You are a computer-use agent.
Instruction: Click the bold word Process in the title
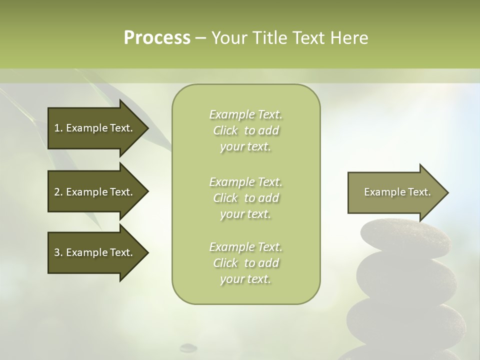157,38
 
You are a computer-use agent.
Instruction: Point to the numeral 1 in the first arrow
57,128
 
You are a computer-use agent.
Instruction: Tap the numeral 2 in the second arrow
57,192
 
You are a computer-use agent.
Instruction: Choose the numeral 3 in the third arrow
57,252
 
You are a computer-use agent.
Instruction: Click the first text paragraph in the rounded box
245,130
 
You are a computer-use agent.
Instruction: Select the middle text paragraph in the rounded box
245,197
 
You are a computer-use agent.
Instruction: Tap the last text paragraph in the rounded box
245,263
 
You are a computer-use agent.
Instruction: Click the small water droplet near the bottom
188,347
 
